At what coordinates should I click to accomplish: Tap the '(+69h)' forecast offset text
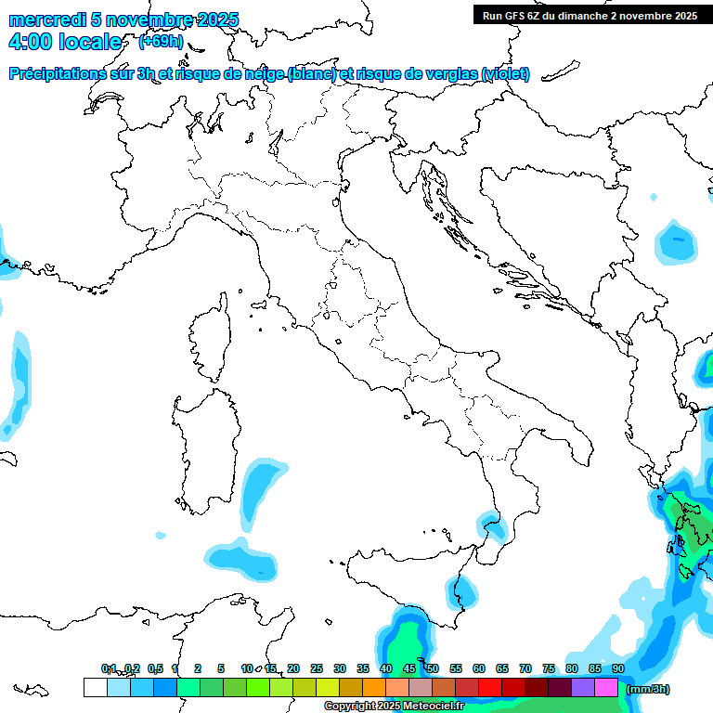click(161, 42)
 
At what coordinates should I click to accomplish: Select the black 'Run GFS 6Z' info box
click(590, 15)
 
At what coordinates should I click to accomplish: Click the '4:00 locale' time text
click(65, 43)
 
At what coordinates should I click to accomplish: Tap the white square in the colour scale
click(95, 687)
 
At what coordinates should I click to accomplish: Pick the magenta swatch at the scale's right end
click(606, 687)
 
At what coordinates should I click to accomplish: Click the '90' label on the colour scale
click(618, 668)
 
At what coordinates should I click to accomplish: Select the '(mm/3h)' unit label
click(647, 689)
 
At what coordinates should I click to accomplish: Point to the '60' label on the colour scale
click(479, 668)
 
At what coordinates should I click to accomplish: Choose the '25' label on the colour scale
click(317, 668)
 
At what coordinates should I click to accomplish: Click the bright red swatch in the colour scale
click(490, 687)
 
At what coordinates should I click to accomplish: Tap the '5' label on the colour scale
click(221, 668)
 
